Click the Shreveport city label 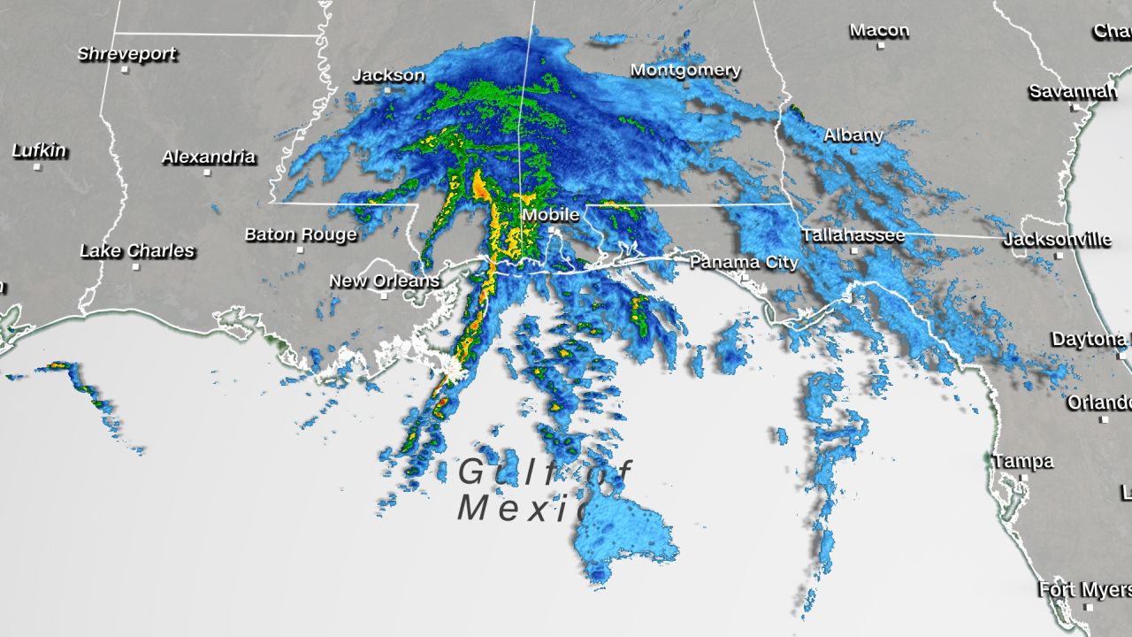(x=126, y=54)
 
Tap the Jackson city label (x=388, y=75)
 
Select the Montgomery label (x=685, y=70)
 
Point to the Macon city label (x=879, y=31)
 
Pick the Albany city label (x=853, y=135)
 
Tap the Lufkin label (x=39, y=151)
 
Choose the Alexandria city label (x=209, y=157)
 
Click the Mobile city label (x=550, y=215)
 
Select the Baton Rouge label (x=301, y=234)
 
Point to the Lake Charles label (x=137, y=251)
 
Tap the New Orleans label (x=385, y=281)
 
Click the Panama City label (x=744, y=262)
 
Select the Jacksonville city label (x=1057, y=240)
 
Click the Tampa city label (x=1022, y=462)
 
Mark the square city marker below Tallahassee (x=854, y=250)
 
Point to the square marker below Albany (x=854, y=151)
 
